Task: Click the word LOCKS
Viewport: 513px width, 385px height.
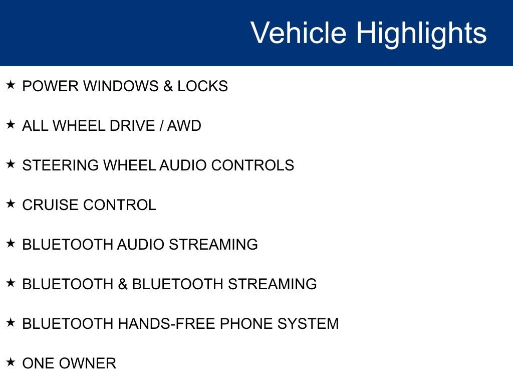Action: [202, 86]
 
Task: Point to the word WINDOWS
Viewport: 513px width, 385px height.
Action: [120, 86]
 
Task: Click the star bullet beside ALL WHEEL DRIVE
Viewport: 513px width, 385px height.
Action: [11, 125]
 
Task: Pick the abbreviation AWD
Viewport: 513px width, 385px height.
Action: [184, 126]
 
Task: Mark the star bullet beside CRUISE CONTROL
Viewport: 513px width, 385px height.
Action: [11, 204]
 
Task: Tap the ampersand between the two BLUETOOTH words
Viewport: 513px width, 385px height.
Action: [123, 284]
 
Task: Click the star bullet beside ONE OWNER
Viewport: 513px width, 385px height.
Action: [11, 362]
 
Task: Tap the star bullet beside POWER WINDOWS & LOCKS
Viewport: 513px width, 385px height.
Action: [11, 85]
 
